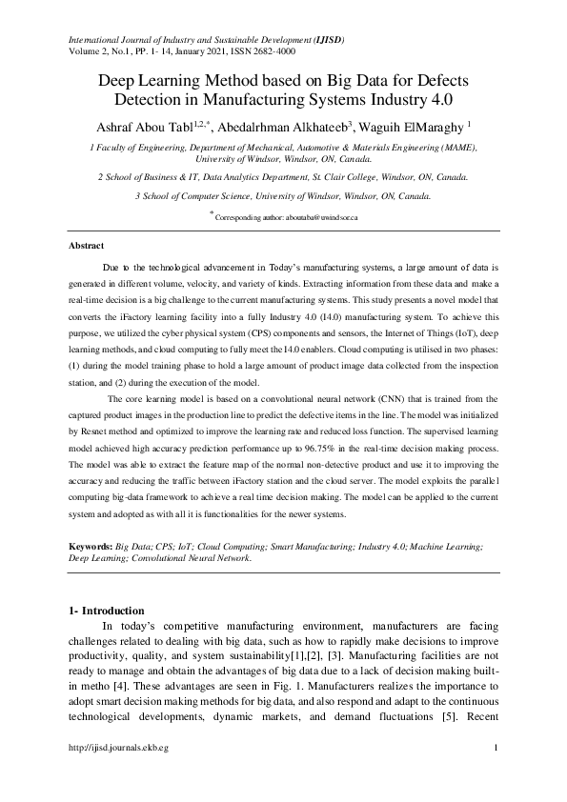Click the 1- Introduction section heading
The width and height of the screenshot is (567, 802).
107,610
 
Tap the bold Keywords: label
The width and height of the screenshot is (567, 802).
91,546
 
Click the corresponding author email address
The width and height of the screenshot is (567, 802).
316,217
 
